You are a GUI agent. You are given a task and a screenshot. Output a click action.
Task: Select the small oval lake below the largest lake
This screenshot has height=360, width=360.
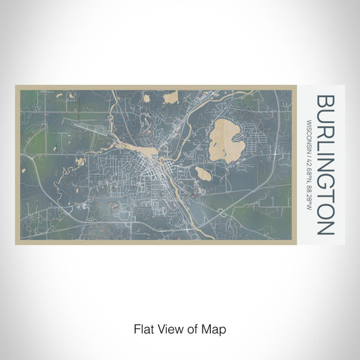point(202,174)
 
